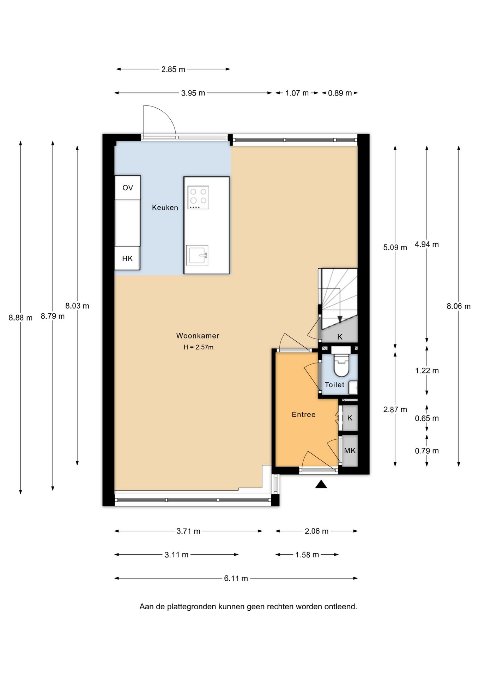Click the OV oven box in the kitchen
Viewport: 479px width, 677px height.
click(x=128, y=188)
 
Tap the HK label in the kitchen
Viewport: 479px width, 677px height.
click(x=127, y=258)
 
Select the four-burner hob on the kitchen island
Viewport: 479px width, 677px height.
click(x=198, y=197)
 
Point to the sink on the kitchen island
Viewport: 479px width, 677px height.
click(x=197, y=255)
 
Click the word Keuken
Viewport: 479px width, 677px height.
click(x=165, y=208)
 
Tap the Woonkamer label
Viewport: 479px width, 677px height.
click(x=198, y=336)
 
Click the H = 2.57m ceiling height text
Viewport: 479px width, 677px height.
click(x=199, y=347)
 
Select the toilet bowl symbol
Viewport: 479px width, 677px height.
click(x=341, y=365)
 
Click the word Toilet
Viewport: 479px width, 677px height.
click(x=334, y=385)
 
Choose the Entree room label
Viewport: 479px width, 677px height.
click(x=304, y=415)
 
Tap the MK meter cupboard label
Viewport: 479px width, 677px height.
click(x=350, y=451)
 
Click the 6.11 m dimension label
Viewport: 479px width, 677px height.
click(x=236, y=578)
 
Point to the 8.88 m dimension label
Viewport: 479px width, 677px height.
click(x=20, y=318)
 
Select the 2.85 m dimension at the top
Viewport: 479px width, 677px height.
click(x=173, y=69)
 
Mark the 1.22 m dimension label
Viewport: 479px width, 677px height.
click(x=427, y=371)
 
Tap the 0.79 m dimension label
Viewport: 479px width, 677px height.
click(x=427, y=451)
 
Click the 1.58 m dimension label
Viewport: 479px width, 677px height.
click(x=307, y=555)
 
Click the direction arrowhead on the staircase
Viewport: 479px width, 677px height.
click(x=340, y=319)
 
